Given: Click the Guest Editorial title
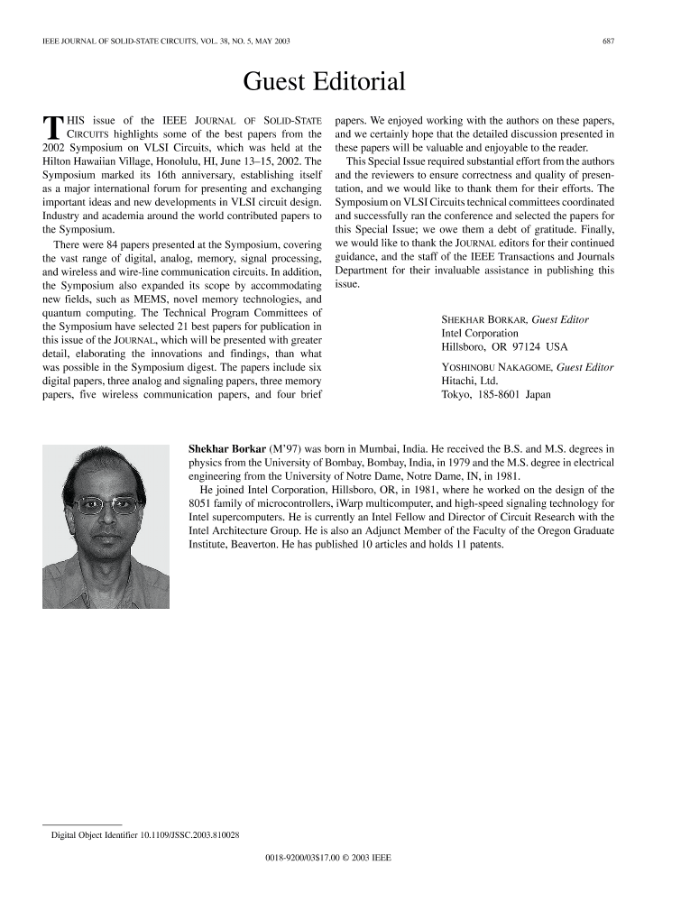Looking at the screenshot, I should coord(324,83).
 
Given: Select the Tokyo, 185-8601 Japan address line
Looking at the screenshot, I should coord(495,394).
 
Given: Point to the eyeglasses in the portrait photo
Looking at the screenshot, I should coord(106,504).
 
